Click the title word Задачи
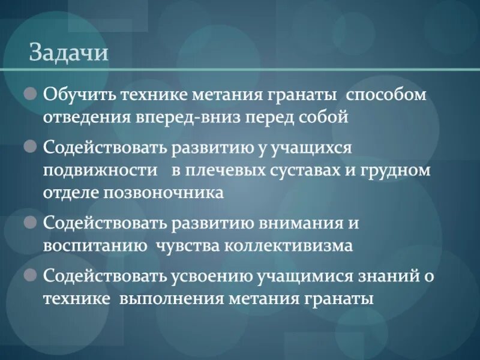(x=68, y=53)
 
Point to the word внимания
(x=302, y=223)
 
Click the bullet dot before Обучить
(x=31, y=94)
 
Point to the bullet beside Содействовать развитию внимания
(x=31, y=223)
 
